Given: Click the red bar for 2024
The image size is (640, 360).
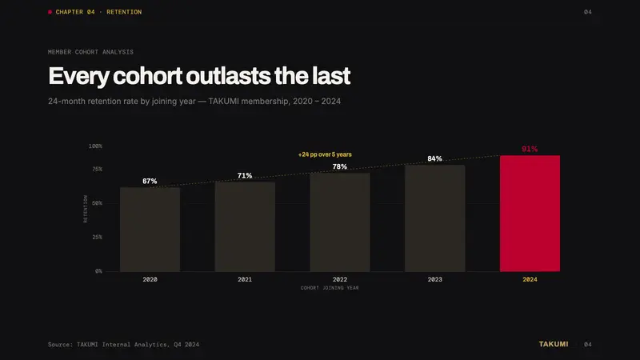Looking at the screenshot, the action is click(530, 214).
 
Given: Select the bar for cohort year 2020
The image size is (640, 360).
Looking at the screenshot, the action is click(150, 230).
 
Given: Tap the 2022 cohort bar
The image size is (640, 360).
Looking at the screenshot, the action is click(340, 222).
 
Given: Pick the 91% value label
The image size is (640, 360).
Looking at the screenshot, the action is click(530, 149).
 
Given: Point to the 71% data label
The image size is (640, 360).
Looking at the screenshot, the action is click(245, 175).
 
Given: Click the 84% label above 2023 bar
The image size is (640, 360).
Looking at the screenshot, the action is click(434, 158).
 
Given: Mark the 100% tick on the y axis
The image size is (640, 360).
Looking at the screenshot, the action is click(95, 146).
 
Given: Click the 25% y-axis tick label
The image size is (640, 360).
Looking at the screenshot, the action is click(97, 237).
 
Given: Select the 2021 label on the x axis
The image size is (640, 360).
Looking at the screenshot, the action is click(245, 279).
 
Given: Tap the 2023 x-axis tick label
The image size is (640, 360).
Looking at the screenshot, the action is click(434, 279).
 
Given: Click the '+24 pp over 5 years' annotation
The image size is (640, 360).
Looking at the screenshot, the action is click(325, 154).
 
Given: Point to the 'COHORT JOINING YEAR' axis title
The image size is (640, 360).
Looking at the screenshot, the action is click(330, 288).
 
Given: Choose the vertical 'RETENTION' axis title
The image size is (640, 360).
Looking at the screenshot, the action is click(86, 209).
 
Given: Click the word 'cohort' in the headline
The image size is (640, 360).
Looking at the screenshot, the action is click(147, 76).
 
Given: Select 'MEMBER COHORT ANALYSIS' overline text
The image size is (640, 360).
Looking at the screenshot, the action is click(90, 52).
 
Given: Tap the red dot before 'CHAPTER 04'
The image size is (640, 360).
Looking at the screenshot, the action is click(50, 12).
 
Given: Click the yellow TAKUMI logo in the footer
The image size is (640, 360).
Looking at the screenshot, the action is click(554, 344).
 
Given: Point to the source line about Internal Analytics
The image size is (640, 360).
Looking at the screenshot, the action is click(124, 345).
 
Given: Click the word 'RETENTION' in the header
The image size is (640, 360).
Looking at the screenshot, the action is click(124, 12).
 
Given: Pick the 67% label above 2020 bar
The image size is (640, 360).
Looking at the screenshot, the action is click(150, 181).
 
